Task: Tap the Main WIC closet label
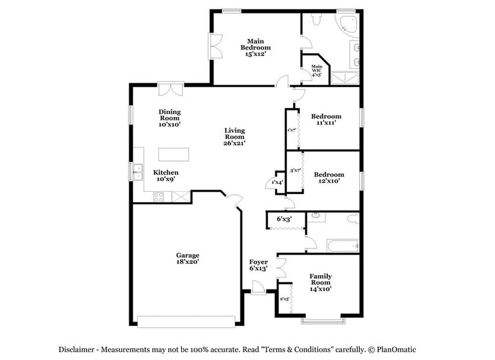pyautogui.click(x=316, y=70)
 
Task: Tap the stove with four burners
pyautogui.click(x=158, y=197)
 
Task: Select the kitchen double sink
pyautogui.click(x=138, y=171)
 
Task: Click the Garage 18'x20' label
pyautogui.click(x=188, y=258)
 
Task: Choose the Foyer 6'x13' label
pyautogui.click(x=258, y=265)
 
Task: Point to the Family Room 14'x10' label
pyautogui.click(x=321, y=283)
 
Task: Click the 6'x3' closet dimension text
pyautogui.click(x=284, y=219)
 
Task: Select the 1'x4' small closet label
pyautogui.click(x=277, y=182)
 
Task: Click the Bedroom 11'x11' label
pyautogui.click(x=326, y=119)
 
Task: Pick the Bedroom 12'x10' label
pyautogui.click(x=329, y=178)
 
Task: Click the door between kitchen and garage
pyautogui.click(x=233, y=199)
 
